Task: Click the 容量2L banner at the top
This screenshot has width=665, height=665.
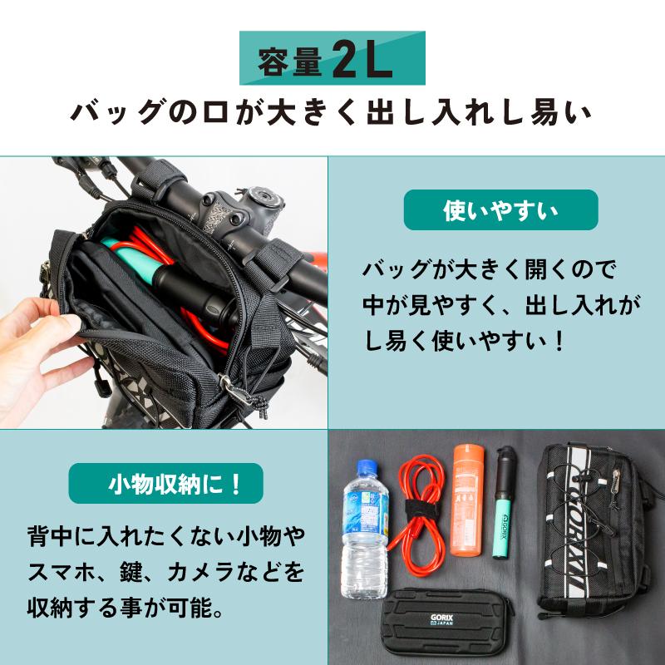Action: pos(332,58)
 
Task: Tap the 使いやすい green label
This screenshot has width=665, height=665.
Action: pos(500,210)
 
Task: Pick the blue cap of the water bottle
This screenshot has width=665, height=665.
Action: pos(364,468)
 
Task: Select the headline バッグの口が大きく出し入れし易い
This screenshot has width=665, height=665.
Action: pos(332,113)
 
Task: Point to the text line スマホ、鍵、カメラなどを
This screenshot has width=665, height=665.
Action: pos(165,573)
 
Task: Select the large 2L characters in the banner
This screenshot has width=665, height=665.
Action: pos(361,59)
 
